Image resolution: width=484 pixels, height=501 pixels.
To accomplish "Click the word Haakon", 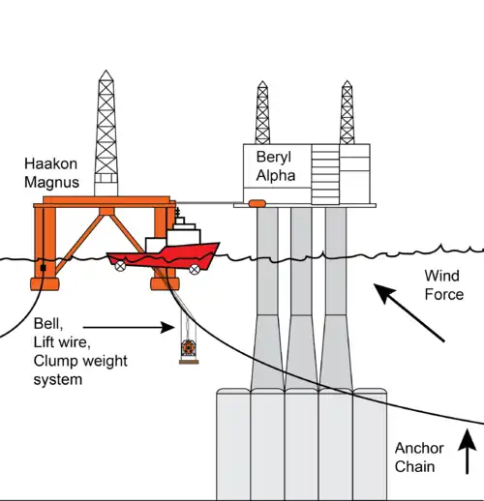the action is pyautogui.click(x=50, y=163).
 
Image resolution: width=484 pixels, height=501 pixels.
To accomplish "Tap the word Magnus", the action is pyautogui.click(x=51, y=183).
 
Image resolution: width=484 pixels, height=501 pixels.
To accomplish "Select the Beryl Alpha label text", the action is pyautogui.click(x=276, y=166).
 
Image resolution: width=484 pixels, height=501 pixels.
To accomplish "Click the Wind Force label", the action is pyautogui.click(x=443, y=285).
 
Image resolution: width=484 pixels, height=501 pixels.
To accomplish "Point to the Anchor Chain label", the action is pyautogui.click(x=419, y=457).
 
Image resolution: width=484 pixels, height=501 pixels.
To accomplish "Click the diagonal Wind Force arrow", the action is pyautogui.click(x=408, y=312).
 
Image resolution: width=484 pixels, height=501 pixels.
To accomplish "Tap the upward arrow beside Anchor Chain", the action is pyautogui.click(x=467, y=452).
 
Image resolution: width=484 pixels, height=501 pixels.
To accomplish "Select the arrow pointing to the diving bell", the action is pyautogui.click(x=129, y=327).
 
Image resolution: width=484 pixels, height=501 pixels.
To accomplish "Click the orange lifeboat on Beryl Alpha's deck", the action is pyautogui.click(x=257, y=203).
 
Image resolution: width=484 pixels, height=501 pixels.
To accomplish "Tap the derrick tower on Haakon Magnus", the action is pyautogui.click(x=106, y=133).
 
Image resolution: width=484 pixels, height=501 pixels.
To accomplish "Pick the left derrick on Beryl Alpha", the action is pyautogui.click(x=262, y=112).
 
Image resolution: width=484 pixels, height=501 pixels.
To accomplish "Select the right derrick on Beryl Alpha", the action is pyautogui.click(x=347, y=112).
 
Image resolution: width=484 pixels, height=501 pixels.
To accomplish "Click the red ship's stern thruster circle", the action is pyautogui.click(x=120, y=266).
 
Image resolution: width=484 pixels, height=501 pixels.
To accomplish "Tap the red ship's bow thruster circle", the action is pyautogui.click(x=195, y=269).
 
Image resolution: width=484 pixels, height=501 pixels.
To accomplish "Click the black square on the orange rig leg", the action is pyautogui.click(x=44, y=268).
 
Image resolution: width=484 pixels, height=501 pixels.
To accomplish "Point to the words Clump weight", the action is pyautogui.click(x=80, y=362).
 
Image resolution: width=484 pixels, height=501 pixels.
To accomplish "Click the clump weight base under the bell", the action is pyautogui.click(x=189, y=362).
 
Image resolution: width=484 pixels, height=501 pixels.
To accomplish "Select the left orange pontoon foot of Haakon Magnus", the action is pyautogui.click(x=45, y=284).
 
